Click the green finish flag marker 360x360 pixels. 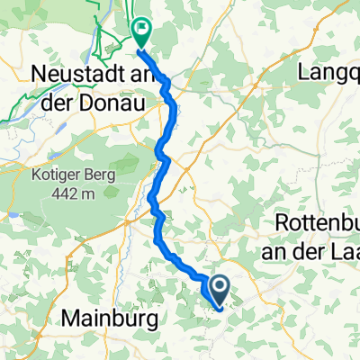tap(142, 33)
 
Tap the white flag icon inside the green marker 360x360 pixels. tap(142, 30)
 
